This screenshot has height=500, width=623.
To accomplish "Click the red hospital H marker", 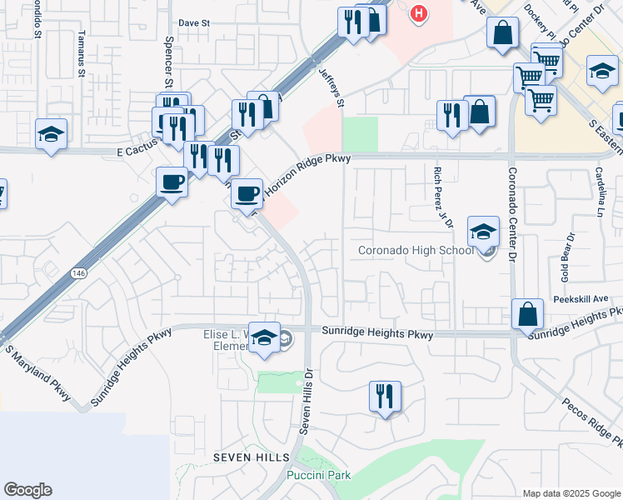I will point(419,14).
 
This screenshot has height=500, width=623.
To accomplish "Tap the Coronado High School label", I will point(416,250).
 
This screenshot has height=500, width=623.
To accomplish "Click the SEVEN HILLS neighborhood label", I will point(251,457).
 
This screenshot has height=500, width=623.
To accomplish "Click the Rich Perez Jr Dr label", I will point(441,197).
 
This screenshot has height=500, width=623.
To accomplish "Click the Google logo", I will point(28,490).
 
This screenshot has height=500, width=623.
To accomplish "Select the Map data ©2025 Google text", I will point(572,493).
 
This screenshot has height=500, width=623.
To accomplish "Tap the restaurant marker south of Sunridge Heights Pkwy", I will point(385,396).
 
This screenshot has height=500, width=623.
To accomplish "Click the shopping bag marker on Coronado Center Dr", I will point(528,315).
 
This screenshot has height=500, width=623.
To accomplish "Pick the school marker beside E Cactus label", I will point(51,134).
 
